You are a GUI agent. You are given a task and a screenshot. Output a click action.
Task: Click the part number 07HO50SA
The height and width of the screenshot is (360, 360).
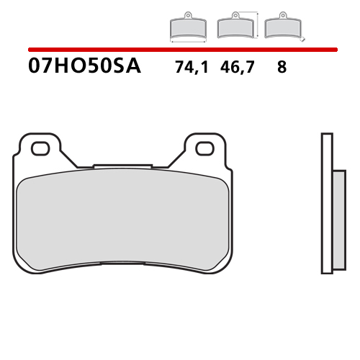coord(85,67)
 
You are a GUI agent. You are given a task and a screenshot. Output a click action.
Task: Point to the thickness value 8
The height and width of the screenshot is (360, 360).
coord(281,68)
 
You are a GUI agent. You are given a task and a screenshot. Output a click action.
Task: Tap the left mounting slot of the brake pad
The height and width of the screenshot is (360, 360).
coord(40,148)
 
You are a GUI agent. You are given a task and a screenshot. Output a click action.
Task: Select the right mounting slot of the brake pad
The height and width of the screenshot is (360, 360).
coord(204,148)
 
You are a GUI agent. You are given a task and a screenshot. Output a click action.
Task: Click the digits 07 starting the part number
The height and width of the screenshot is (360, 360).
coord(40,67)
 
